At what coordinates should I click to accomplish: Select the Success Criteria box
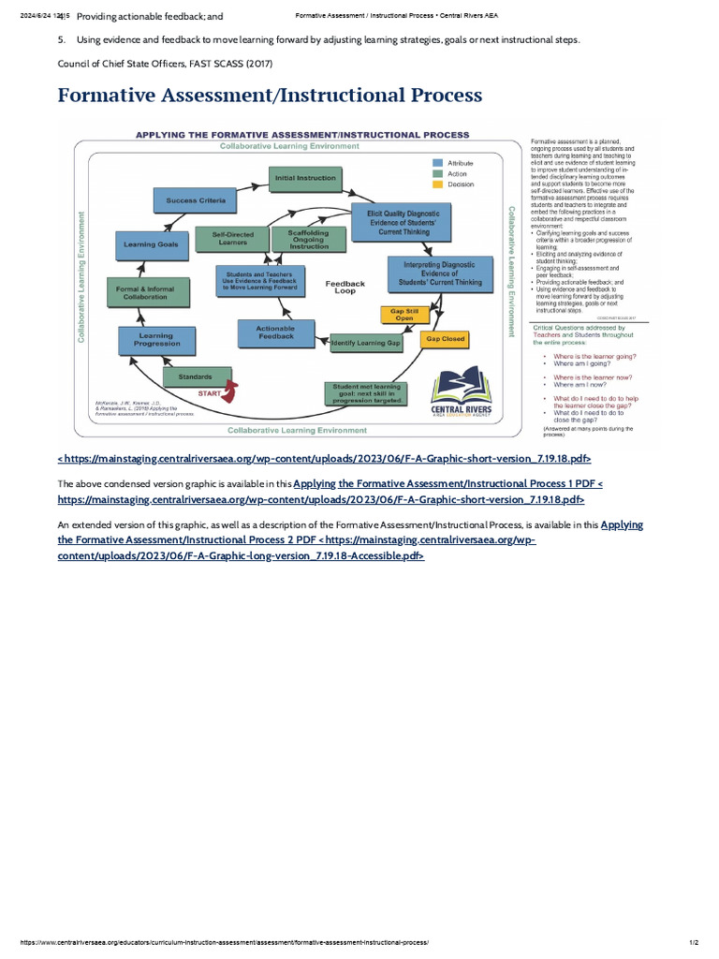pos(196,200)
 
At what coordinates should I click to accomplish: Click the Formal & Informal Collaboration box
pos(148,293)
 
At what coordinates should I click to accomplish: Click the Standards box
pos(195,376)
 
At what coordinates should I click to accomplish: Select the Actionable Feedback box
pos(275,332)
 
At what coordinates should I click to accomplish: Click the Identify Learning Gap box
pos(365,344)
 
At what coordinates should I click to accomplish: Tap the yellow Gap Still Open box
pos(405,315)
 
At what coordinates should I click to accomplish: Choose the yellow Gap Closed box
pos(445,339)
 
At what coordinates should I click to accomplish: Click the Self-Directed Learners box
pos(233,239)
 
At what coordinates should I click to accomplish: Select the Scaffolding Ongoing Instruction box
pos(309,240)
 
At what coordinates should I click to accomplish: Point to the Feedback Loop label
pos(345,287)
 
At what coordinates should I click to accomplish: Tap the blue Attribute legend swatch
pos(437,163)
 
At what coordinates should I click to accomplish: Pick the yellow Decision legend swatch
pos(437,184)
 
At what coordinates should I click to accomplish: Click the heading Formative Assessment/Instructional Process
pos(270,96)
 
